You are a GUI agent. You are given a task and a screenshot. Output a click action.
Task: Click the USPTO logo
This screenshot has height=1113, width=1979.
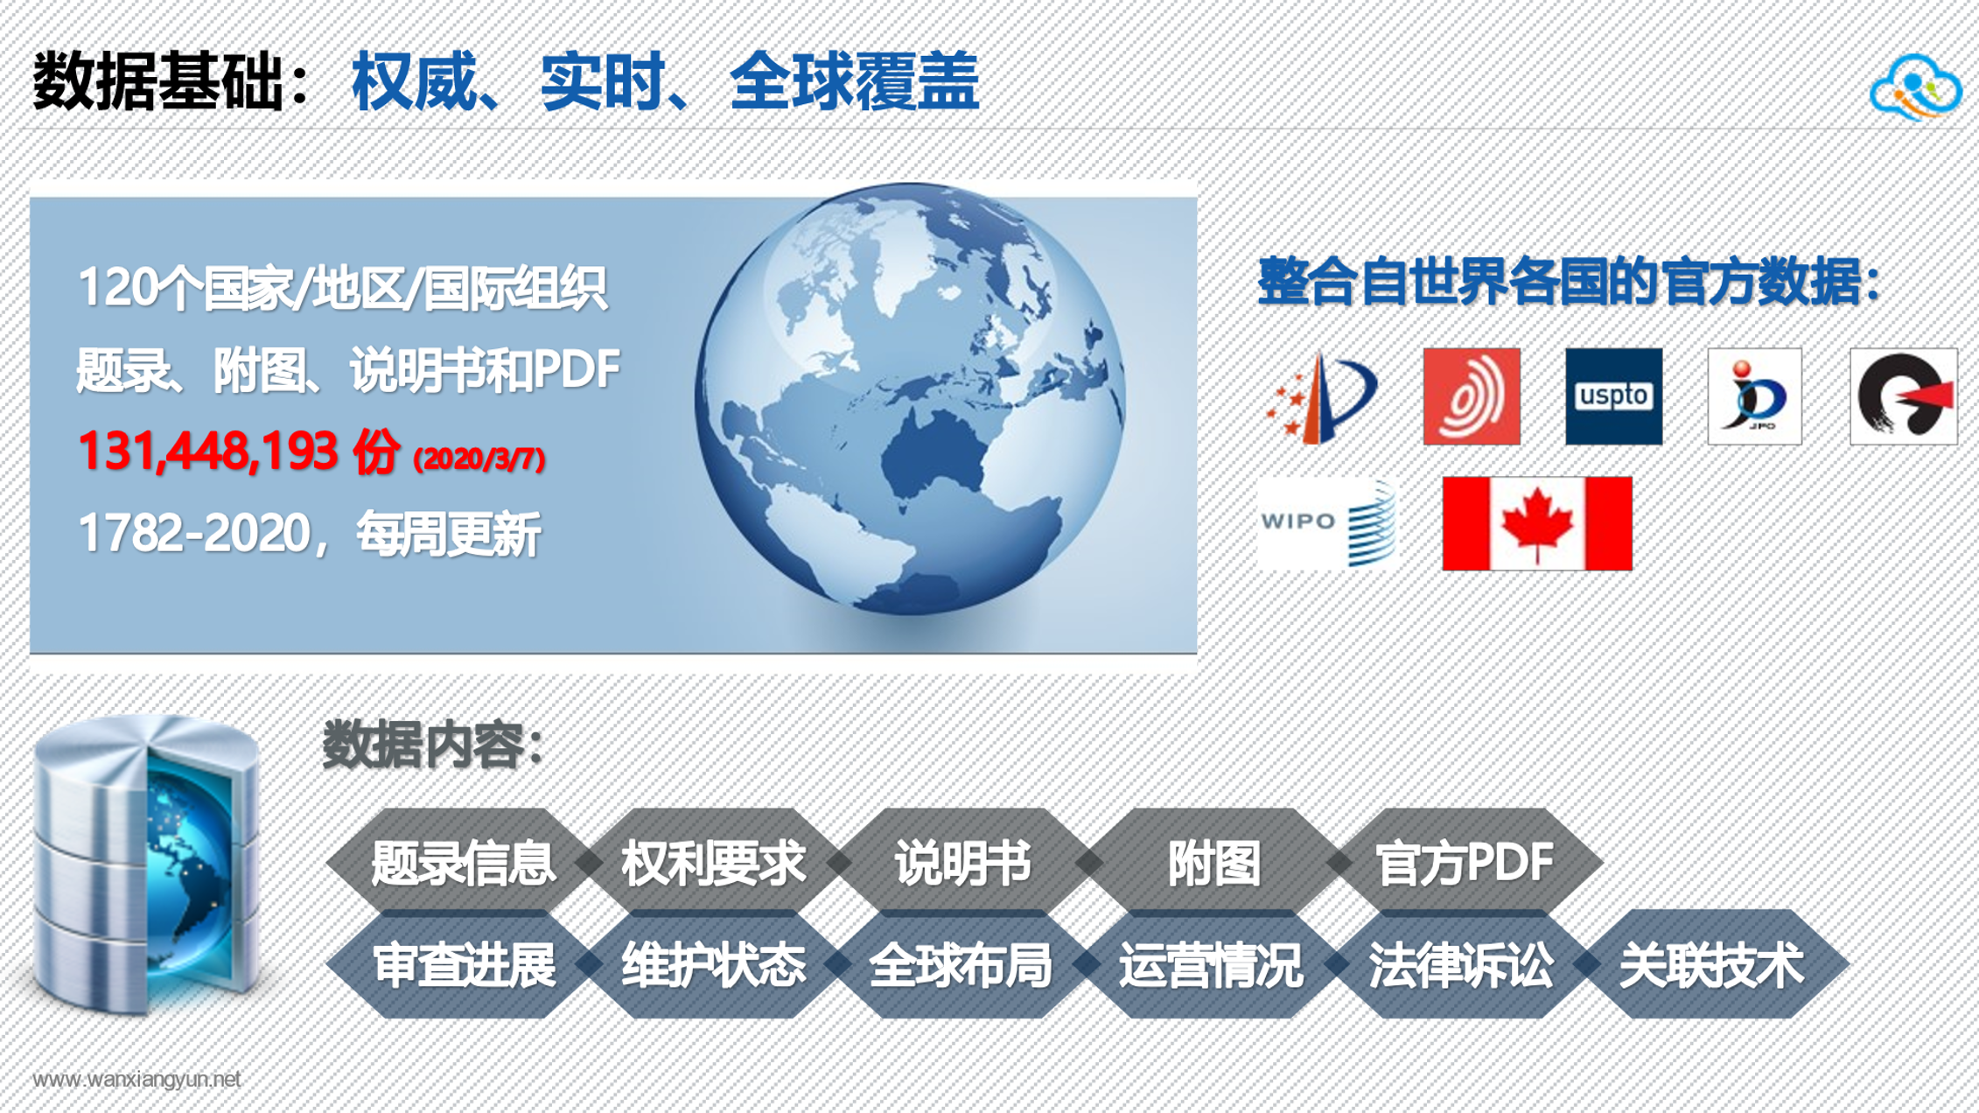tap(1613, 396)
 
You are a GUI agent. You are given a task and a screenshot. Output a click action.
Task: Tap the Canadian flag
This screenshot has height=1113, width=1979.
tap(1537, 523)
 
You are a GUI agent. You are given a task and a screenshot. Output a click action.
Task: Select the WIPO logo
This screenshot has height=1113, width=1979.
tap(1327, 523)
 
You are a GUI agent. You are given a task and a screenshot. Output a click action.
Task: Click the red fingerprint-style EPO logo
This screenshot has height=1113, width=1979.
tap(1472, 396)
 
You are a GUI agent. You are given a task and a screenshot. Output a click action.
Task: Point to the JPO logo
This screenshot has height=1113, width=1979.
tap(1754, 396)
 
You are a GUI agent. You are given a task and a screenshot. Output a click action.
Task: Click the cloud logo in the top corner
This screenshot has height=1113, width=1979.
tap(1916, 87)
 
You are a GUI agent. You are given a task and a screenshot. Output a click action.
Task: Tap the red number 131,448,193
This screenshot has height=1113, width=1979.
tap(207, 451)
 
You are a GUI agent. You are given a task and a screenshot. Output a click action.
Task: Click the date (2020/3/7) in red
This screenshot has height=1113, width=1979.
tap(479, 458)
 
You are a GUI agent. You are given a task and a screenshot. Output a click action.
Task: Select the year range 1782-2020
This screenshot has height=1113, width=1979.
tap(194, 533)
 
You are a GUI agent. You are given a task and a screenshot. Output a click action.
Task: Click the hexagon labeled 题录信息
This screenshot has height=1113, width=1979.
tap(462, 863)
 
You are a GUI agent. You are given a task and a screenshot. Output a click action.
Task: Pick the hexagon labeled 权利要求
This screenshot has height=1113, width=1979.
tap(712, 863)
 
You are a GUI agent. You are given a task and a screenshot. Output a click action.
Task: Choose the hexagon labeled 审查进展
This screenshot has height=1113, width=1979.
tap(462, 964)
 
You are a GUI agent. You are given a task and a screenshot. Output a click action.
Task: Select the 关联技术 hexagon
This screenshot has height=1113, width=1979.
tap(1711, 964)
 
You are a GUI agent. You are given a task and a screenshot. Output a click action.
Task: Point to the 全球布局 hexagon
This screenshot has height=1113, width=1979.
tap(961, 964)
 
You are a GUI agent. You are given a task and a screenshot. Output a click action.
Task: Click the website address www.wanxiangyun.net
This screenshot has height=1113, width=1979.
tap(136, 1080)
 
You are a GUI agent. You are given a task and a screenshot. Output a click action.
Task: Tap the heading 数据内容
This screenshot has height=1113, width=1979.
tap(434, 745)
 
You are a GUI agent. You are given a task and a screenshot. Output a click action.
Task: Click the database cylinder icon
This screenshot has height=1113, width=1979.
tap(147, 864)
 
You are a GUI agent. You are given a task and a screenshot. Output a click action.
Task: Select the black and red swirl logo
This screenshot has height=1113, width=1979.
tap(1904, 396)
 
